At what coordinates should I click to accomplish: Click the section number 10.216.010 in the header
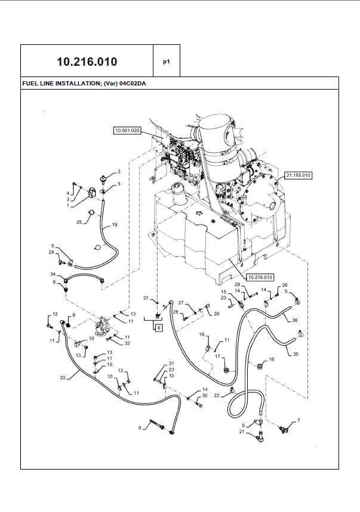(87, 62)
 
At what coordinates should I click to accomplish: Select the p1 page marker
(167, 62)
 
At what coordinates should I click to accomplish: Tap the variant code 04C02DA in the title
(133, 84)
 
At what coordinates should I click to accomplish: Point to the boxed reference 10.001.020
(127, 130)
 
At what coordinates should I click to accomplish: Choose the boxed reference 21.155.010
(299, 175)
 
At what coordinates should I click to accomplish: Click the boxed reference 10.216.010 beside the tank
(260, 277)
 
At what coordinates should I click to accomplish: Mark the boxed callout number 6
(159, 327)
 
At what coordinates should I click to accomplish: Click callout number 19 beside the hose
(115, 225)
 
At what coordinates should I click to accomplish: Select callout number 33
(62, 378)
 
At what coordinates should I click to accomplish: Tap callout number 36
(294, 320)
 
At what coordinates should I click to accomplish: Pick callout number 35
(295, 354)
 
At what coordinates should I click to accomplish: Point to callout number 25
(79, 222)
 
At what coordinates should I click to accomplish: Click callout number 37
(145, 298)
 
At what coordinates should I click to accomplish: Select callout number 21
(242, 431)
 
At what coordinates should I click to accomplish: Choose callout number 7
(299, 420)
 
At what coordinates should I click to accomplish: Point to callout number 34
(53, 274)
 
